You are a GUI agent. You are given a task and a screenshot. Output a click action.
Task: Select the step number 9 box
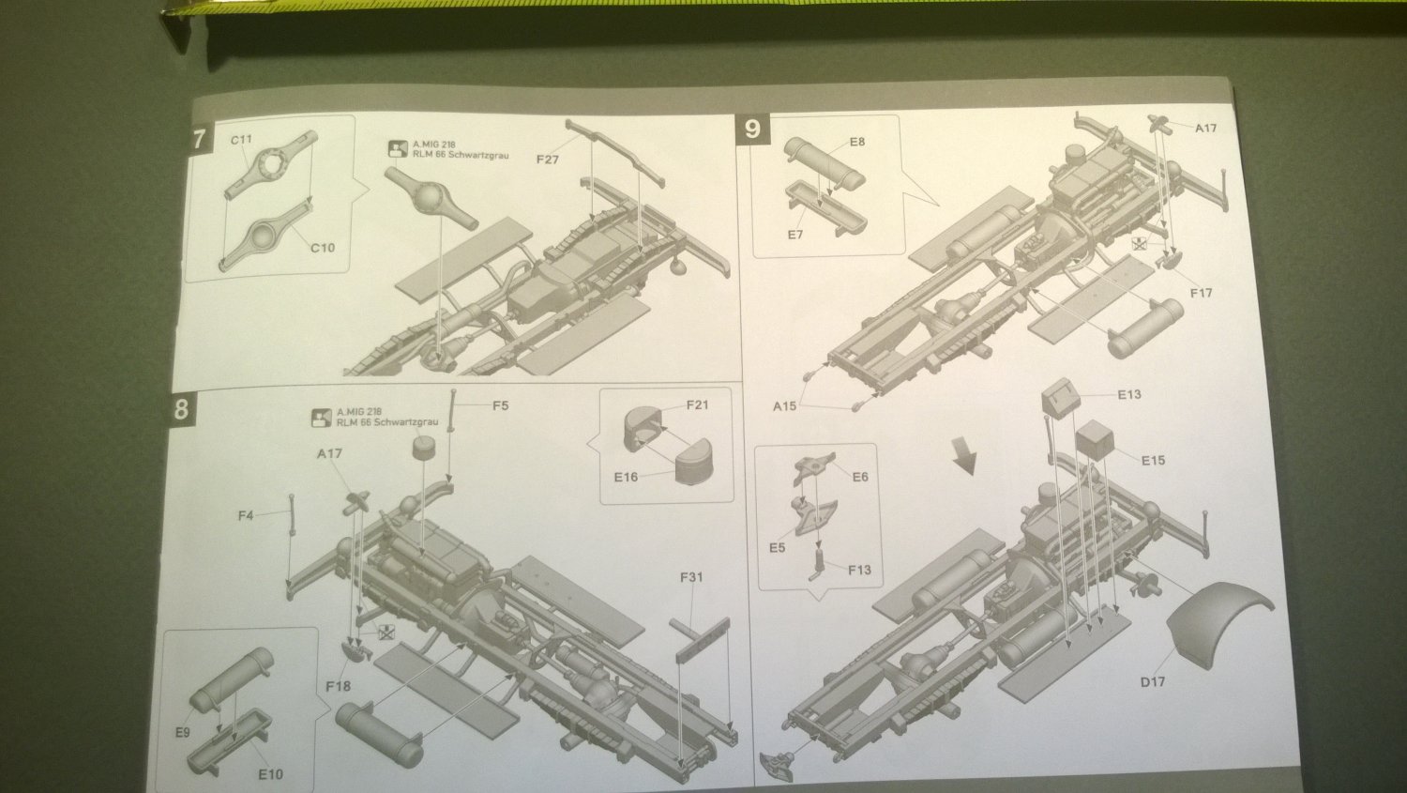(x=752, y=129)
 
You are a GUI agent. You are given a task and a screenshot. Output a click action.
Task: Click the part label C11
(x=242, y=140)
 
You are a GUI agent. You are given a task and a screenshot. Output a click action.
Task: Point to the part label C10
(x=322, y=248)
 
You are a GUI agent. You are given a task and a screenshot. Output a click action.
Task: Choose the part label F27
(x=548, y=160)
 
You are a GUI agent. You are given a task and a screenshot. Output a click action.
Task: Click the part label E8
(x=856, y=142)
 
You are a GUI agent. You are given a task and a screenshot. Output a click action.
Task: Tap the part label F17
(x=1201, y=293)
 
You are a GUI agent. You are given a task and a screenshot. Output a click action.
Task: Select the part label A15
(x=785, y=406)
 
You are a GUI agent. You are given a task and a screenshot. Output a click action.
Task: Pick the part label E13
(x=1129, y=394)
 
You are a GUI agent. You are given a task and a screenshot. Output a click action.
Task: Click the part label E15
(x=1153, y=460)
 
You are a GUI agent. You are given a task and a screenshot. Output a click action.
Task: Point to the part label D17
(x=1153, y=681)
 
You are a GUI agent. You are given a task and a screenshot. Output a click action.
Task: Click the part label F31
(x=690, y=577)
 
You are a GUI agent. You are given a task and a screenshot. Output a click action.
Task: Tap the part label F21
(x=697, y=405)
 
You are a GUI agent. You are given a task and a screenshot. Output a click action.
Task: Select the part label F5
(x=501, y=405)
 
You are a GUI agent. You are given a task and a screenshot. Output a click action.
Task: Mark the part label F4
(x=245, y=515)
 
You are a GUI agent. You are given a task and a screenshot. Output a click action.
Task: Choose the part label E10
(x=270, y=774)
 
